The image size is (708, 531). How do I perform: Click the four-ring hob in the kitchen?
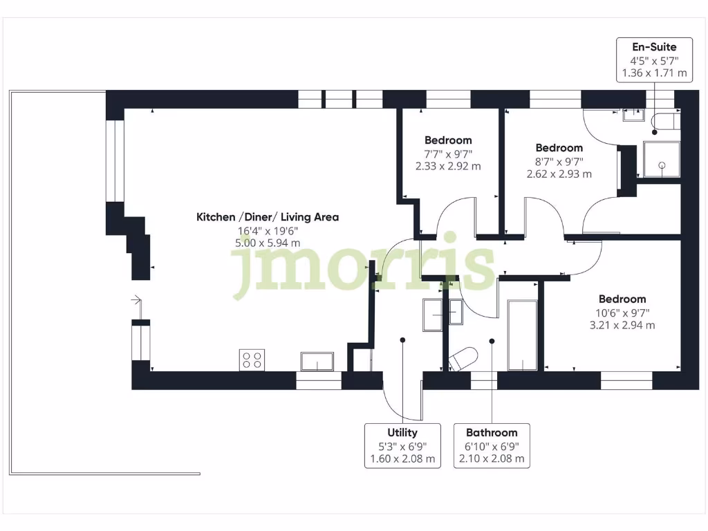click(251, 360)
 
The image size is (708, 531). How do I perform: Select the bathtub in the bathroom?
click(522, 335)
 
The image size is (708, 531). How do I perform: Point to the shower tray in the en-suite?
click(662, 159)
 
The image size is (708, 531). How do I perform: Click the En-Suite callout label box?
click(654, 59)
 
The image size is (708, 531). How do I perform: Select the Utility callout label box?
click(402, 445)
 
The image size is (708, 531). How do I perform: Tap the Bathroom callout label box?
click(491, 445)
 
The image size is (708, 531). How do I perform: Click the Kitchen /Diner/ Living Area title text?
click(268, 217)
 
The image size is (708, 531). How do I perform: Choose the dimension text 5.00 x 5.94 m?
click(268, 243)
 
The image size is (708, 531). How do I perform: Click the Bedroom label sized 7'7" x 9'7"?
click(448, 140)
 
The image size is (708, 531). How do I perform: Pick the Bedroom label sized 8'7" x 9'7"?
click(559, 148)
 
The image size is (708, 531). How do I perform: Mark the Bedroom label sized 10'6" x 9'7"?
click(622, 299)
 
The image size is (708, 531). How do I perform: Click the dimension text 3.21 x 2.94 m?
click(622, 325)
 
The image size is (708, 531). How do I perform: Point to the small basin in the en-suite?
click(633, 115)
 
